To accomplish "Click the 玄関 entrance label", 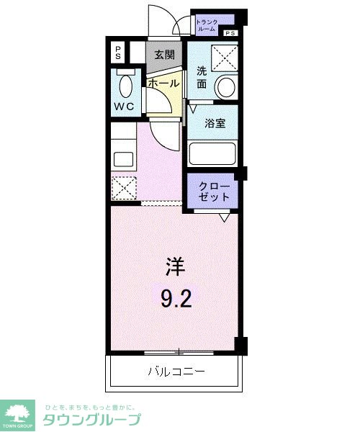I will point(164,55).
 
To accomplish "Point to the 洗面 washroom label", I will point(202,77).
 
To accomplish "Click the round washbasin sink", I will point(225,88).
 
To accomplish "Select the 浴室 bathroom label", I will point(215,122).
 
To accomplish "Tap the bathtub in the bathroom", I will point(213,154).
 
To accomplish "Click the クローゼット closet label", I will point(215,191).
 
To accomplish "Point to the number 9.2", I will point(175,297).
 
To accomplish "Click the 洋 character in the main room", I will point(175,268).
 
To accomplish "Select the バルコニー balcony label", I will point(176,372).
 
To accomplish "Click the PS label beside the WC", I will point(117,52).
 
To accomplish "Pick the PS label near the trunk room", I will point(230,34).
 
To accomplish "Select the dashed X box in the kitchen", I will point(124,189).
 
